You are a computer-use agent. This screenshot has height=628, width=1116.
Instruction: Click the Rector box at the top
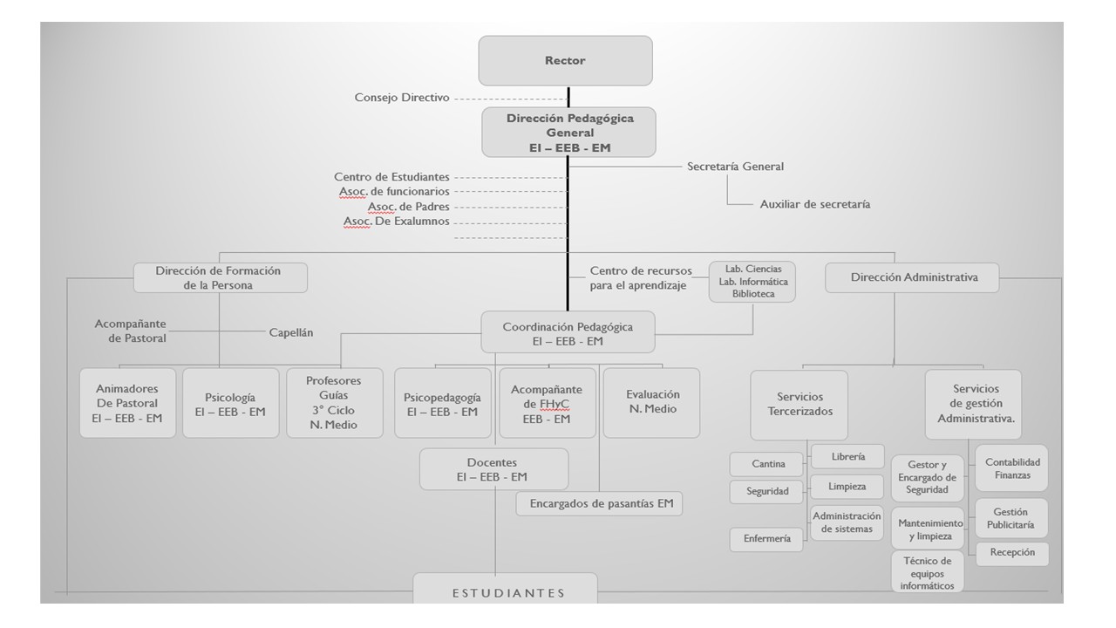(x=565, y=60)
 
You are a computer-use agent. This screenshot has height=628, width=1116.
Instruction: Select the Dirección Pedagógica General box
(x=568, y=133)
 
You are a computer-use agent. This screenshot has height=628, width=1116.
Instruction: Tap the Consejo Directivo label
(x=402, y=98)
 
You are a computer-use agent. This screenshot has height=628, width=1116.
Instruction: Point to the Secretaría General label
(x=735, y=167)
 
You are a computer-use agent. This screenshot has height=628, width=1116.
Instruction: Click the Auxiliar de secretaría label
(x=814, y=204)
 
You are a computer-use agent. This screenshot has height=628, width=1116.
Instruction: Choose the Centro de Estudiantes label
(x=391, y=177)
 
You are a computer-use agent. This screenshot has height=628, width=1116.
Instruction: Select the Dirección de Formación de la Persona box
(x=219, y=277)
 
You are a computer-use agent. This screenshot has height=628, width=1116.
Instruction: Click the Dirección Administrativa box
(x=912, y=277)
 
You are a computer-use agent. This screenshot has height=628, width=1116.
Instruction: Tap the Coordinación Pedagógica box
(x=568, y=333)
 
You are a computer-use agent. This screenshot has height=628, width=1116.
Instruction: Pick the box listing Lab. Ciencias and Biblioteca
(x=752, y=282)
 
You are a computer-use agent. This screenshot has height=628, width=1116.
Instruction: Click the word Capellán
(x=291, y=332)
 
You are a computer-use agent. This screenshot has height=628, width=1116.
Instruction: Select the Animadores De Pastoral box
(x=127, y=403)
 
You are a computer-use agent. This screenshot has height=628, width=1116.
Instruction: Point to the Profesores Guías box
(x=334, y=403)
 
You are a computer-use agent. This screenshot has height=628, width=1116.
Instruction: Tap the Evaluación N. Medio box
(x=652, y=402)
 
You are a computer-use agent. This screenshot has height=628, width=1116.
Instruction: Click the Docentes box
(x=493, y=469)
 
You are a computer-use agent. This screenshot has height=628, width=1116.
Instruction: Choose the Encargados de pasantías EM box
(x=600, y=503)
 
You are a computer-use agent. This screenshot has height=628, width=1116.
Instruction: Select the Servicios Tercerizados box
(x=800, y=405)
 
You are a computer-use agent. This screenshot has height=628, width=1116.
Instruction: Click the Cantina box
(x=769, y=464)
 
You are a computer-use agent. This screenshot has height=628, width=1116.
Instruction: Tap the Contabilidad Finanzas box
(x=1012, y=468)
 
